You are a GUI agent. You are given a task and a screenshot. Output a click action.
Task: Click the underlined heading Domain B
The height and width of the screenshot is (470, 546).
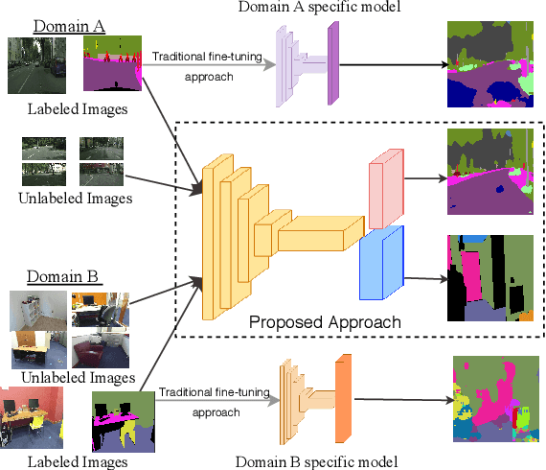[x=62, y=277]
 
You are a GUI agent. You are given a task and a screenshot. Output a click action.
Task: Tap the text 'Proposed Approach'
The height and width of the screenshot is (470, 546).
[x=325, y=321]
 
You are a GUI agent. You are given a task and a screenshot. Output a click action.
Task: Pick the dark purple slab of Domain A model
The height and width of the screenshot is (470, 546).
[x=332, y=64]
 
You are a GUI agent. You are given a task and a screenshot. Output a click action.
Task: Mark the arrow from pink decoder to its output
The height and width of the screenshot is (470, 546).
[x=425, y=176]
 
